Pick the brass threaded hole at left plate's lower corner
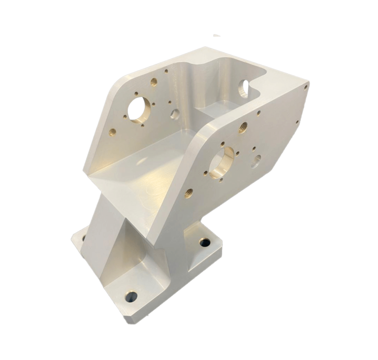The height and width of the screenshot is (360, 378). pos(112,131)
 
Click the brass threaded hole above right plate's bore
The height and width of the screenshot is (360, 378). pos(243,128)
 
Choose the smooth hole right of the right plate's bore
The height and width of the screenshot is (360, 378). pos(257,159)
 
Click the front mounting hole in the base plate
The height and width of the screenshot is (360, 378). pos(132,296)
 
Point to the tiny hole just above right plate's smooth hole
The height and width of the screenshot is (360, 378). pos(252,147)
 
